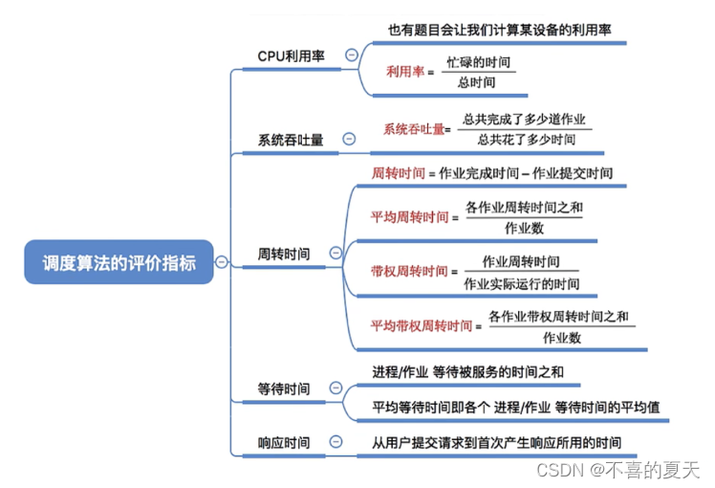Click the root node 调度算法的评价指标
click(119, 262)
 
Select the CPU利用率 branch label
click(291, 55)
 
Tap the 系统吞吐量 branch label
click(291, 140)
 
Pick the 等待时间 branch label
click(284, 388)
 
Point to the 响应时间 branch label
click(284, 442)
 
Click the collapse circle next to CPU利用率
click(351, 55)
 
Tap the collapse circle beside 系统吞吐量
click(349, 139)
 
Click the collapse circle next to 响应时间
click(336, 441)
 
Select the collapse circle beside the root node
click(222, 262)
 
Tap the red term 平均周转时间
click(409, 217)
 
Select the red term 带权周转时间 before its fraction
click(408, 272)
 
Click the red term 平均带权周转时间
click(421, 325)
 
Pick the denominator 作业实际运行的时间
click(521, 283)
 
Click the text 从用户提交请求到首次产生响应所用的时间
click(496, 442)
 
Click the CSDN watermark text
click(617, 470)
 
